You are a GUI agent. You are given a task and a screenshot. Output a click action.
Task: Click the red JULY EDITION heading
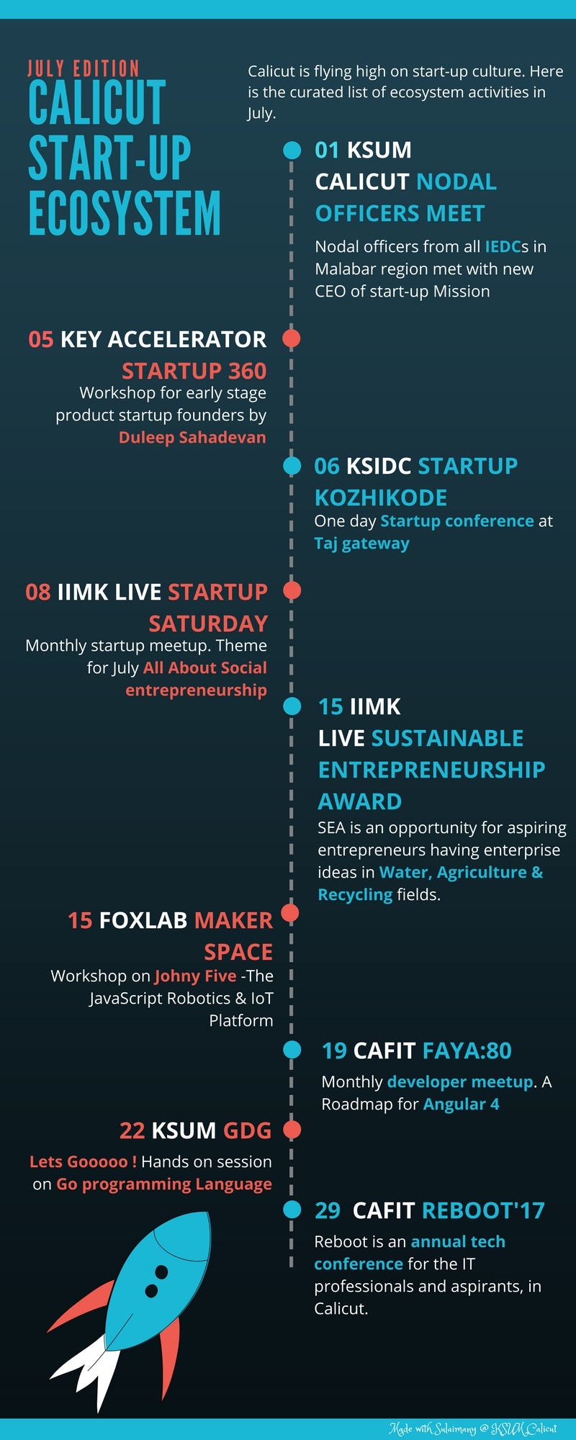click(84, 69)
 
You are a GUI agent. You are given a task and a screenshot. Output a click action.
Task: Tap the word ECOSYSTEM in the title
click(125, 214)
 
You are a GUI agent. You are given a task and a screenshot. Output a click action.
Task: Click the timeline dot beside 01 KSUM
click(292, 150)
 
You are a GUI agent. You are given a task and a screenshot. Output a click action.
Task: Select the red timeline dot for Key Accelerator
click(292, 338)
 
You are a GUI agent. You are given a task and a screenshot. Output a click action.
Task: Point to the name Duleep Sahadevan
click(192, 437)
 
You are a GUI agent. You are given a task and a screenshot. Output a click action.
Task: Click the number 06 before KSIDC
click(327, 466)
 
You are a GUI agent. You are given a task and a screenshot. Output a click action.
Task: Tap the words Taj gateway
click(361, 544)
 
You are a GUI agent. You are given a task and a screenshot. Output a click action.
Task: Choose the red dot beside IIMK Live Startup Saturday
click(292, 590)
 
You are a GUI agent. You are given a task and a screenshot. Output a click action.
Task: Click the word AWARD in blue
click(360, 801)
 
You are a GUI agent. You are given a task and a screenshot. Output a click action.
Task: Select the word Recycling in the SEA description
click(355, 895)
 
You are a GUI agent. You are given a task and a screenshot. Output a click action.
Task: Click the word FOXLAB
click(143, 920)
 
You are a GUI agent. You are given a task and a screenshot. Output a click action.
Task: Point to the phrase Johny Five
click(195, 976)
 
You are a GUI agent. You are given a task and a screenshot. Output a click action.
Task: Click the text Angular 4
click(461, 1104)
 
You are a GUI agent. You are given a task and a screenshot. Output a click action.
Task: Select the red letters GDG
click(247, 1130)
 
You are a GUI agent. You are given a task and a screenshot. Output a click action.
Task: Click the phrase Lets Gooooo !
click(83, 1161)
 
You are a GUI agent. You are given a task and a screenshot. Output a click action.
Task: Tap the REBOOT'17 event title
click(483, 1210)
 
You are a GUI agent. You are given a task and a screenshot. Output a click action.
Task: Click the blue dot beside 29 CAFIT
click(292, 1209)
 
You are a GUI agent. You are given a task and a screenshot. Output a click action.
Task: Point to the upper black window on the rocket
click(161, 1272)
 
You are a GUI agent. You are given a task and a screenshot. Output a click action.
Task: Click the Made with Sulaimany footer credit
click(473, 1428)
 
